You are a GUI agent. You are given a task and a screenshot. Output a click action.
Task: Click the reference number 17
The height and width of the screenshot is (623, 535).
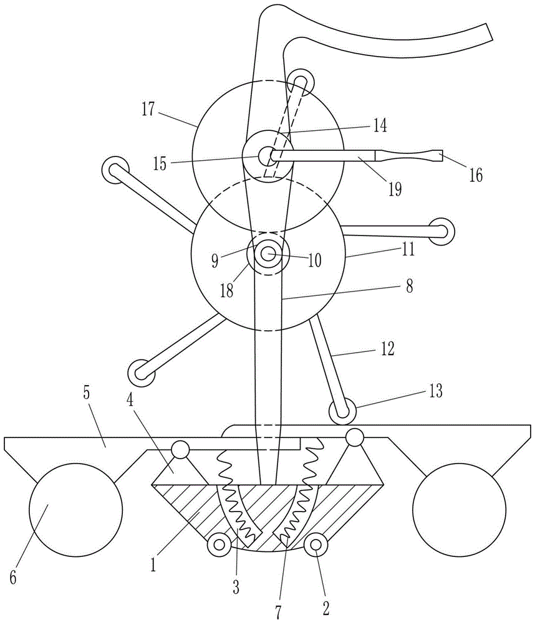(148, 109)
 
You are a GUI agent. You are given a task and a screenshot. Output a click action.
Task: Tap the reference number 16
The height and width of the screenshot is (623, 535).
(476, 175)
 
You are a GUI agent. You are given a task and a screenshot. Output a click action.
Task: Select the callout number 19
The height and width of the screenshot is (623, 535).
(395, 189)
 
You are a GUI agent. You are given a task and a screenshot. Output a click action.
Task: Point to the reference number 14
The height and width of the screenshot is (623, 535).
(380, 126)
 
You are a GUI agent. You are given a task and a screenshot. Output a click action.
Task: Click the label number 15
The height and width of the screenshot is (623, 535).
(160, 163)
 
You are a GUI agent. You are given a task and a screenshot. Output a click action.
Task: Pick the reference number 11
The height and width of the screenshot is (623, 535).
(408, 250)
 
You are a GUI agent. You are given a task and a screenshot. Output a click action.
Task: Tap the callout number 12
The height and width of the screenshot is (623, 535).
(387, 348)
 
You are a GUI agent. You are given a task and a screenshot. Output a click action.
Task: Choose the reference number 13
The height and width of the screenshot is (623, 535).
(436, 391)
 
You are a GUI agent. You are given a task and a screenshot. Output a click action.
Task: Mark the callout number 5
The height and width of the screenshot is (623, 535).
(86, 393)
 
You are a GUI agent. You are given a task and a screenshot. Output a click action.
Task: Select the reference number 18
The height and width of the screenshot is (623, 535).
(227, 291)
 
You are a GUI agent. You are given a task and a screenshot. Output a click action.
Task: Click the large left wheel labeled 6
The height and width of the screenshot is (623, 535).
(76, 510)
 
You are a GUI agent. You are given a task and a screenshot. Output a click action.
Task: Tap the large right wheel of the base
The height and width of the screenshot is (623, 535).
(460, 510)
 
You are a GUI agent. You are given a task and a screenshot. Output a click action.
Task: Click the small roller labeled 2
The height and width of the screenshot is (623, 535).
(316, 545)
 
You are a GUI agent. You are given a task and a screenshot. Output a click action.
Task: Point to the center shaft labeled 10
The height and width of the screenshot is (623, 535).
(269, 254)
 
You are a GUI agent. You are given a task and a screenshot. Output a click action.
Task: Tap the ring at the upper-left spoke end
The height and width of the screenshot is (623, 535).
(115, 169)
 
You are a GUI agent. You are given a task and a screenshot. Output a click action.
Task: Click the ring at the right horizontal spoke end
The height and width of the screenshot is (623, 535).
(441, 231)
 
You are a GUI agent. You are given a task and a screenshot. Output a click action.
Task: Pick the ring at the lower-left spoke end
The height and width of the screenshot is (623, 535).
(141, 373)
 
